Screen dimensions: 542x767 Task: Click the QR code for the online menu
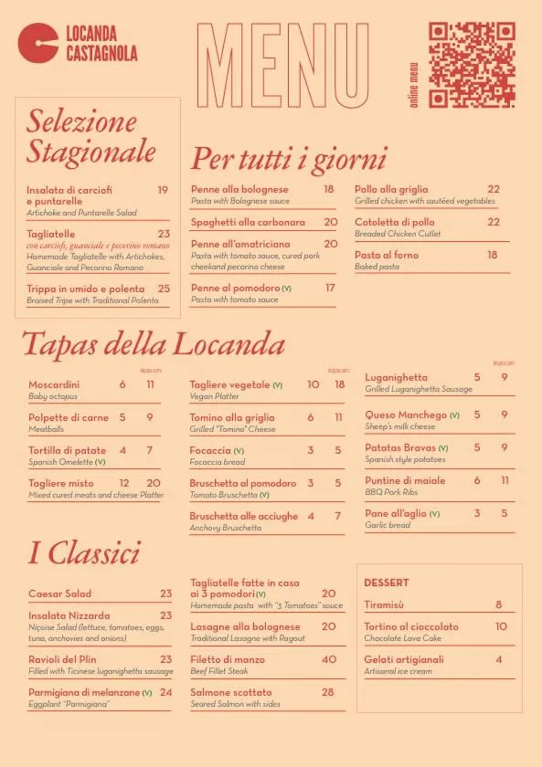[x=472, y=64]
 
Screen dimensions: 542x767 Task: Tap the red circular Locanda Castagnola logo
[x=38, y=44]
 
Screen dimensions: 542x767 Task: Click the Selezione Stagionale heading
[x=90, y=135]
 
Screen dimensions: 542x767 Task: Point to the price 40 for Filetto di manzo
[x=329, y=659]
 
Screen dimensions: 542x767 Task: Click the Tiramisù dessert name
[x=384, y=604]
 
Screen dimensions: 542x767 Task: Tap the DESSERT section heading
[x=387, y=583]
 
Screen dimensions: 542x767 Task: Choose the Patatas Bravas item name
[x=400, y=447]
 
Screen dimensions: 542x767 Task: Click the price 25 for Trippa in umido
[x=164, y=289]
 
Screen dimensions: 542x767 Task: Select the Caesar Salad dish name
[x=60, y=594]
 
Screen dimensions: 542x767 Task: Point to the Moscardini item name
[x=54, y=384]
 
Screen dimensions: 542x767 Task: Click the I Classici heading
[x=84, y=552]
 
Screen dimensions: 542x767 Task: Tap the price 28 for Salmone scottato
[x=327, y=692]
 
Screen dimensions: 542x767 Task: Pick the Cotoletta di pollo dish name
[x=395, y=222]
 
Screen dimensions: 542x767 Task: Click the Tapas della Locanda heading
[x=153, y=344]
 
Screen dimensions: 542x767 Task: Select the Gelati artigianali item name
[x=404, y=659]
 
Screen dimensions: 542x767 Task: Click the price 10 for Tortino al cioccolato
[x=501, y=626]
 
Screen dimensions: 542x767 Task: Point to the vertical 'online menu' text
[x=414, y=84]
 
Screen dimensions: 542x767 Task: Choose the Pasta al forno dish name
[x=387, y=255]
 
